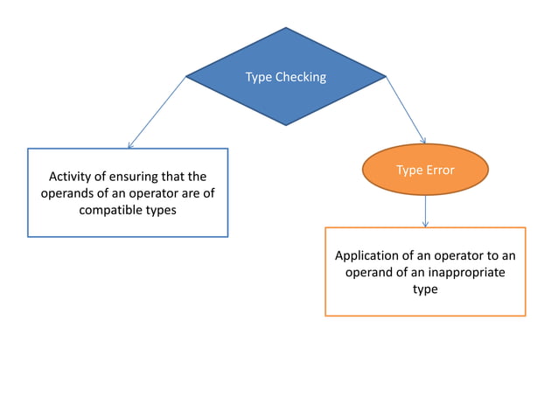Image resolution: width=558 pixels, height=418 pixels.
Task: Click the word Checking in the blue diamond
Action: pyautogui.click(x=301, y=77)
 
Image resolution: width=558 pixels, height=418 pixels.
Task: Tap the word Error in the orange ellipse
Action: pyautogui.click(x=438, y=170)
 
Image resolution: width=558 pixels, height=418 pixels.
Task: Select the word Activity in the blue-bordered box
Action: pyautogui.click(x=72, y=177)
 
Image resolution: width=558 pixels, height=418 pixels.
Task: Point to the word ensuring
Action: pyautogui.click(x=136, y=177)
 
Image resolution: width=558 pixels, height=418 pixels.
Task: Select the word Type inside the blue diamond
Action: pyautogui.click(x=259, y=77)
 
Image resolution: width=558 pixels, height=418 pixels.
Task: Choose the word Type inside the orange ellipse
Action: pyautogui.click(x=408, y=170)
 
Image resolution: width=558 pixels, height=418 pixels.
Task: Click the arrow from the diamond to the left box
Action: pyautogui.click(x=157, y=111)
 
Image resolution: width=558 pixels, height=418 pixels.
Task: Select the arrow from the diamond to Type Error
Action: pyautogui.click(x=405, y=108)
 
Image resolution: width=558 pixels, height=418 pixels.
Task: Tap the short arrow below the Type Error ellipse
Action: pyautogui.click(x=425, y=211)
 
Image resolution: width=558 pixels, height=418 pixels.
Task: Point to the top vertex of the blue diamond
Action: pyautogui.click(x=286, y=28)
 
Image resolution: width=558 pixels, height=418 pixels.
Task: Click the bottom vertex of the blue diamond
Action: pyautogui.click(x=286, y=125)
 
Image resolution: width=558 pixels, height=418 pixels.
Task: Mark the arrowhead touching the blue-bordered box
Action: pyautogui.click(x=129, y=145)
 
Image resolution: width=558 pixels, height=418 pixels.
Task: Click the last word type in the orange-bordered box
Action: pyautogui.click(x=425, y=289)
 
